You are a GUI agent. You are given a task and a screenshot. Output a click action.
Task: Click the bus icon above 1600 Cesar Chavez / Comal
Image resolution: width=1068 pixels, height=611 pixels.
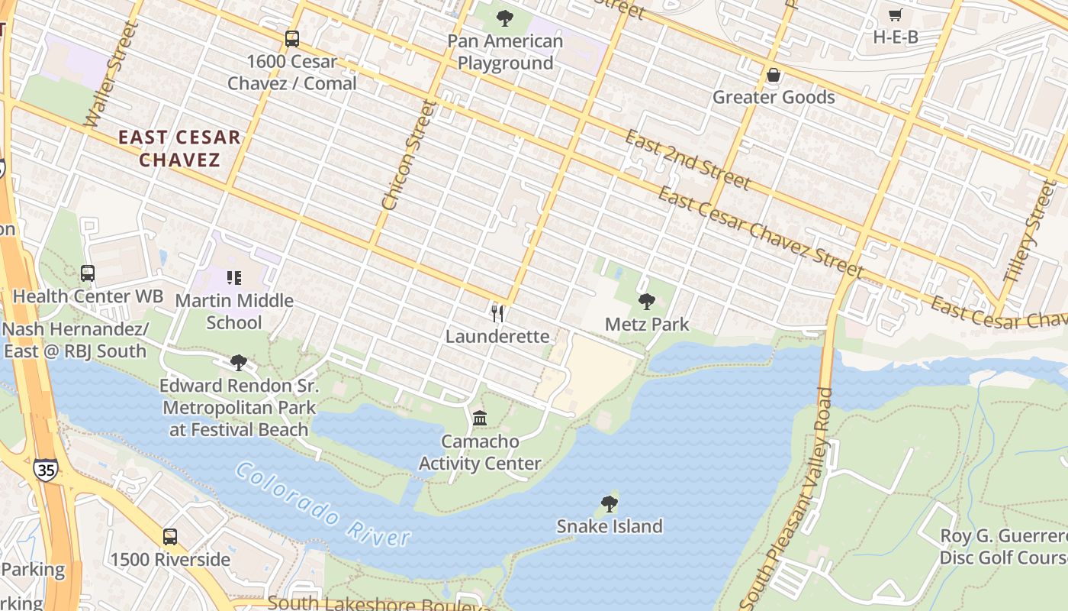pos(291,38)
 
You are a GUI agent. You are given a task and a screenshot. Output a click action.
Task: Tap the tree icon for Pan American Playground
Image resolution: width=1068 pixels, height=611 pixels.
pos(504,18)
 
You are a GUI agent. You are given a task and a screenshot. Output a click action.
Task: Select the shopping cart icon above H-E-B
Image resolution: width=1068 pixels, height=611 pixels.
pos(896,15)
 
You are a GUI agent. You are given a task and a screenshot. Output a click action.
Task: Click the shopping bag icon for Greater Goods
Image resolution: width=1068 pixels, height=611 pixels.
pos(774,75)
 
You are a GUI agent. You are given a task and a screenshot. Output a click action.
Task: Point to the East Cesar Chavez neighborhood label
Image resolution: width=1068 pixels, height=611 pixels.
pos(180,149)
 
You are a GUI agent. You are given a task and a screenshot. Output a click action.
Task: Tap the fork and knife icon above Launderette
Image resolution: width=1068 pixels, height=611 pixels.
pos(497,313)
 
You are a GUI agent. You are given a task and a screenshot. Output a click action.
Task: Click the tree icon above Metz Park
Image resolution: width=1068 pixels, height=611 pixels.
pos(647,302)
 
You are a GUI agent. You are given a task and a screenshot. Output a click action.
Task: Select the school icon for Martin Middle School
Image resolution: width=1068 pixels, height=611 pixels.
pos(234,277)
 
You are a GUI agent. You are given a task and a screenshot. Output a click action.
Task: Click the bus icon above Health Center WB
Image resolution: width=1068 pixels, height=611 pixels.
pos(88,273)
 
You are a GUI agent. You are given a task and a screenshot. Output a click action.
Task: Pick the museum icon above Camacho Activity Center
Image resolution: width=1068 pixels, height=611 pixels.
pos(480,418)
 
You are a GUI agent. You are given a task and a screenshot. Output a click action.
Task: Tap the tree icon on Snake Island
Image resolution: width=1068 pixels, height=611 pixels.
pos(609,503)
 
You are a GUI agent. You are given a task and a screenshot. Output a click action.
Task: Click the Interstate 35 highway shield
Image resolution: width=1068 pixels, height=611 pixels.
pos(46,469)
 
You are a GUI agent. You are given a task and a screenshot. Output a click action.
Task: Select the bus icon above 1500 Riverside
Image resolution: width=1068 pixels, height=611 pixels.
pos(169,536)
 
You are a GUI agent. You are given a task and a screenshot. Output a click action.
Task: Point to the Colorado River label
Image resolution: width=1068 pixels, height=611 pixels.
pos(323,506)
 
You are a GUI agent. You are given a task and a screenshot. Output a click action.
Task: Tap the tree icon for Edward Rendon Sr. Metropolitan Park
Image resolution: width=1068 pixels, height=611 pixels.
pos(239,362)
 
